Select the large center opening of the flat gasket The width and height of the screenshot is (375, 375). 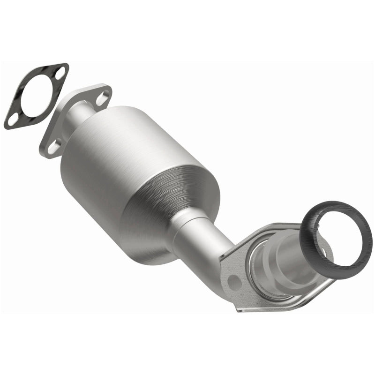37,97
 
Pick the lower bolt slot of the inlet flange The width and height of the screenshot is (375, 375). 54,147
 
